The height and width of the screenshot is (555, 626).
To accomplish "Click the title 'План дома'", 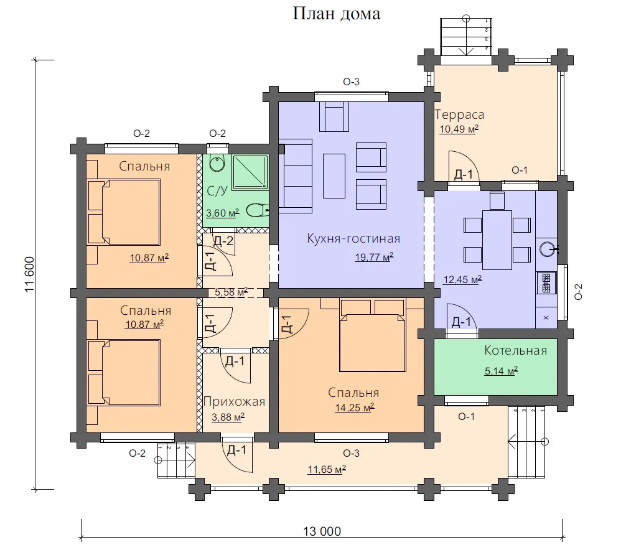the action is click(x=336, y=14).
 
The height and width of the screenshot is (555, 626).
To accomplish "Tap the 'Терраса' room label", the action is click(x=459, y=114).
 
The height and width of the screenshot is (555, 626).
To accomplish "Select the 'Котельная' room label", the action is click(x=515, y=350).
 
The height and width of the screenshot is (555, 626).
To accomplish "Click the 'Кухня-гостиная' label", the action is click(x=353, y=238).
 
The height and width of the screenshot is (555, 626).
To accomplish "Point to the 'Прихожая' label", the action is click(x=235, y=402).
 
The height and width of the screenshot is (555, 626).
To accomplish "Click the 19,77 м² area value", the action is click(x=374, y=257).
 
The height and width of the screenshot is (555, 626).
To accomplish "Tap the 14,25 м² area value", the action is click(x=355, y=408).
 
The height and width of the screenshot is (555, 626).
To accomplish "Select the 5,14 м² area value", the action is click(x=501, y=371).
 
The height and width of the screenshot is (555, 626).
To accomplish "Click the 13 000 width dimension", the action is click(x=322, y=531).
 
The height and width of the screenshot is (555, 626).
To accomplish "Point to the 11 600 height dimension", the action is click(x=30, y=274).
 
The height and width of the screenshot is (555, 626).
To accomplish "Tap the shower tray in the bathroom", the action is click(x=250, y=172).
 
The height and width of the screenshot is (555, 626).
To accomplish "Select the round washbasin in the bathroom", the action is click(x=217, y=163).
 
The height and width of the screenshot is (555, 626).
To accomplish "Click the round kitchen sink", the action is click(x=546, y=250).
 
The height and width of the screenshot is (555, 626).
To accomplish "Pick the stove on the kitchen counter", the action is click(x=546, y=282).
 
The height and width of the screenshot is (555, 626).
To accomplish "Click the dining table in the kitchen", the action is click(x=497, y=240).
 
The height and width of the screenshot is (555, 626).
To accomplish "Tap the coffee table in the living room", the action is click(x=334, y=176).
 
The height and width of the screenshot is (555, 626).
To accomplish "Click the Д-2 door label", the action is click(x=223, y=241).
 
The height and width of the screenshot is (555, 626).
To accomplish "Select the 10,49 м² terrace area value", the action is click(x=459, y=129).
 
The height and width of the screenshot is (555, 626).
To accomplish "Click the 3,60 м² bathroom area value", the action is click(x=222, y=213).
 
